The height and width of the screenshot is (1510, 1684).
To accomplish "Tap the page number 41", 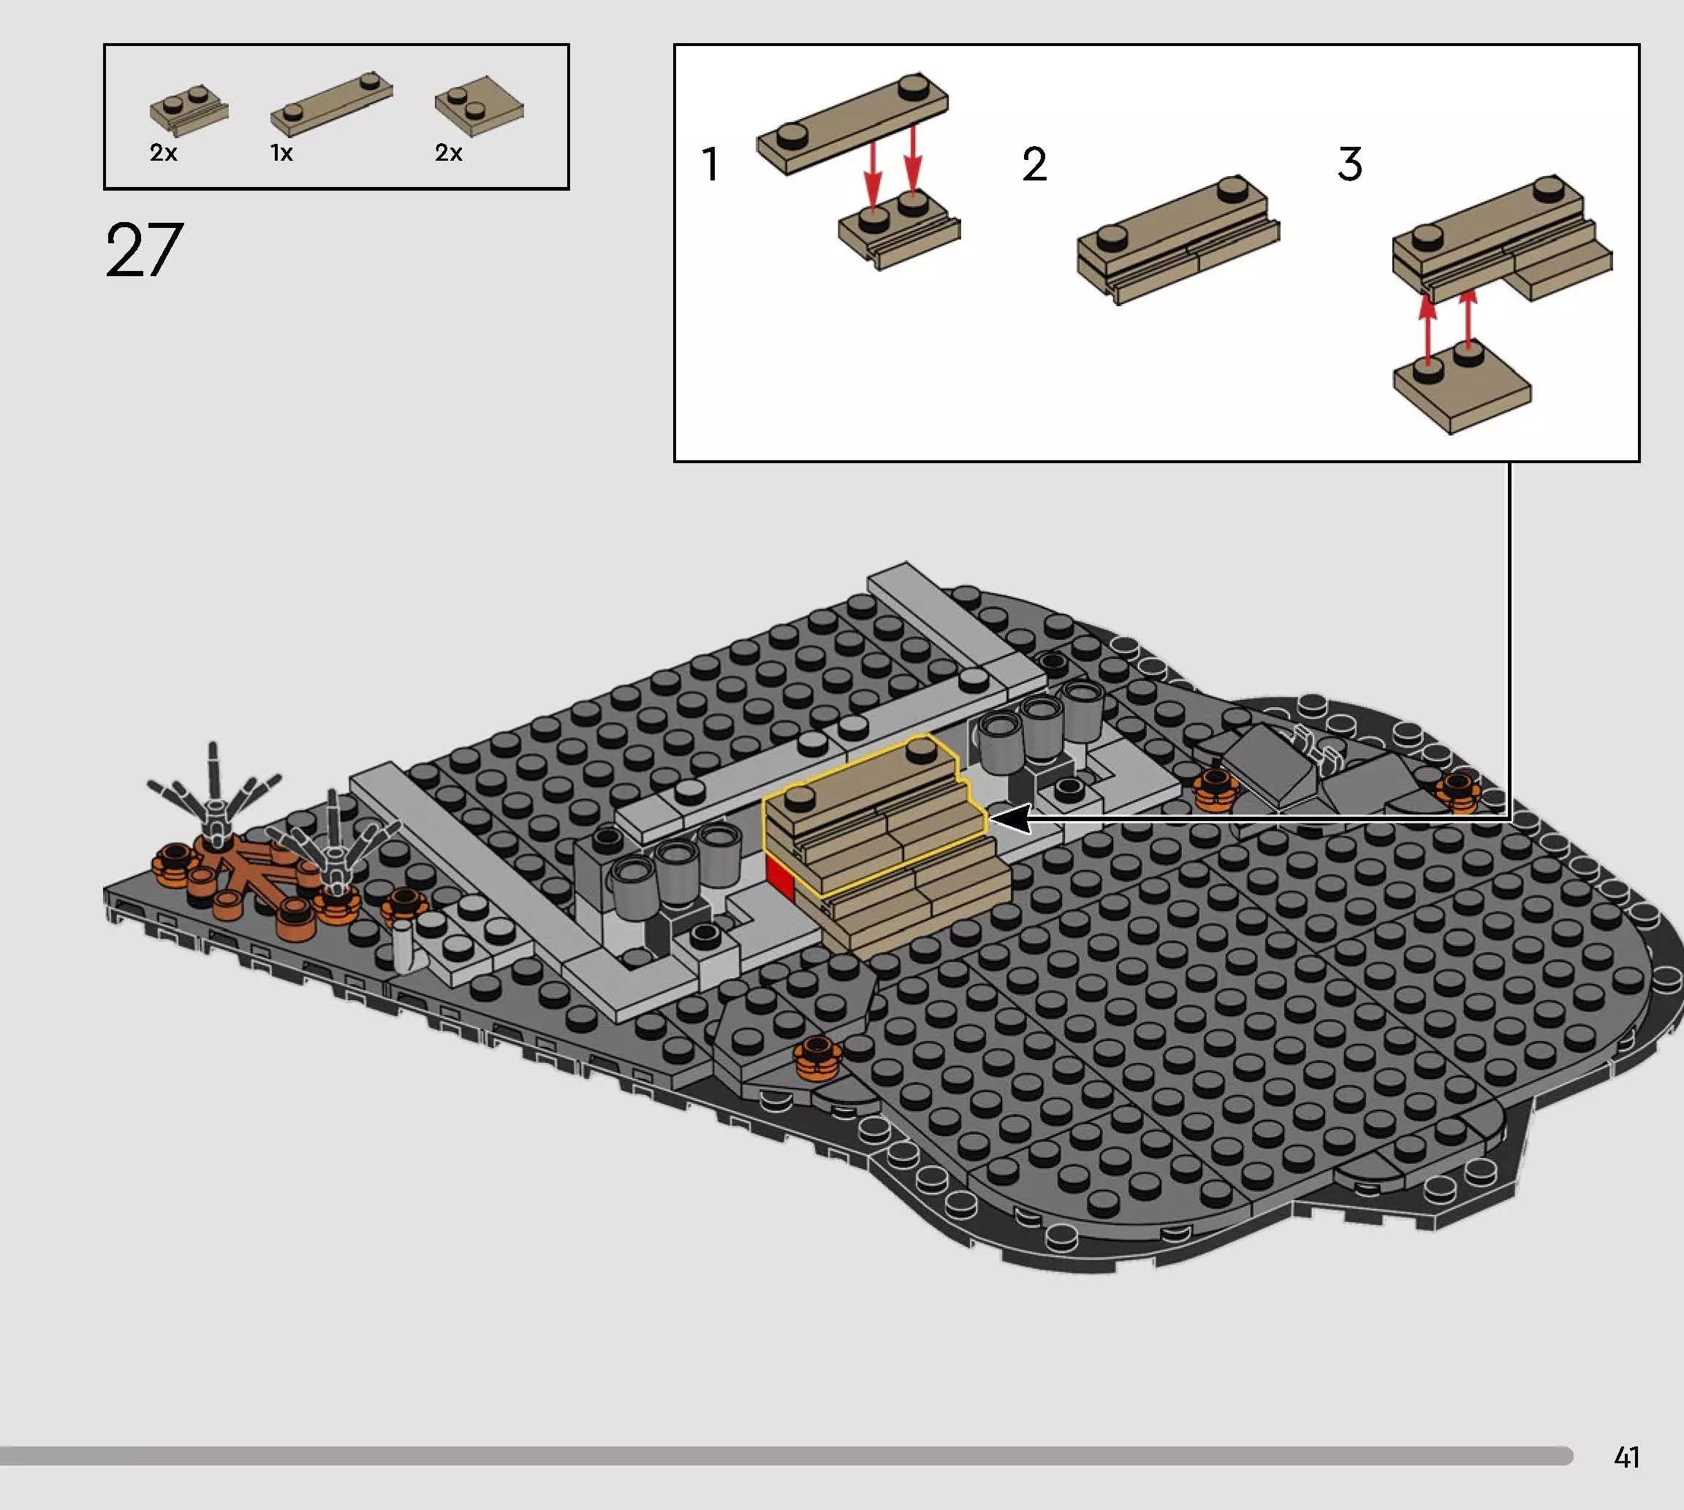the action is (1627, 1457).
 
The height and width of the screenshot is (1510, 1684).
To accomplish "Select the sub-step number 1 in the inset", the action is (710, 164).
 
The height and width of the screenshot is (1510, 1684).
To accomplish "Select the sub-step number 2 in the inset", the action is (1034, 164).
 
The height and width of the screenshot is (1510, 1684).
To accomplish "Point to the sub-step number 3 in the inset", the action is (1349, 164).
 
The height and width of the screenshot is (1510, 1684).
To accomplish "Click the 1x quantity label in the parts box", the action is (281, 153).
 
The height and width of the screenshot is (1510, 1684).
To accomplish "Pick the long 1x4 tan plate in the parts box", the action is (332, 103).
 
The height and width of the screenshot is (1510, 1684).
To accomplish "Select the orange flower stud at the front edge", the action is (818, 1059).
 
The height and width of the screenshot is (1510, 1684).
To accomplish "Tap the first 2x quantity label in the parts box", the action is (164, 153).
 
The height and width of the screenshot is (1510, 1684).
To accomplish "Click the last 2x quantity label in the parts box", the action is (448, 153).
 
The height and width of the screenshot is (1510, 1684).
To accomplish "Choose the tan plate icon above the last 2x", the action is (479, 109).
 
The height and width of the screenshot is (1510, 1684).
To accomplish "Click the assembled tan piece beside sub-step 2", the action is (1178, 238).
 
